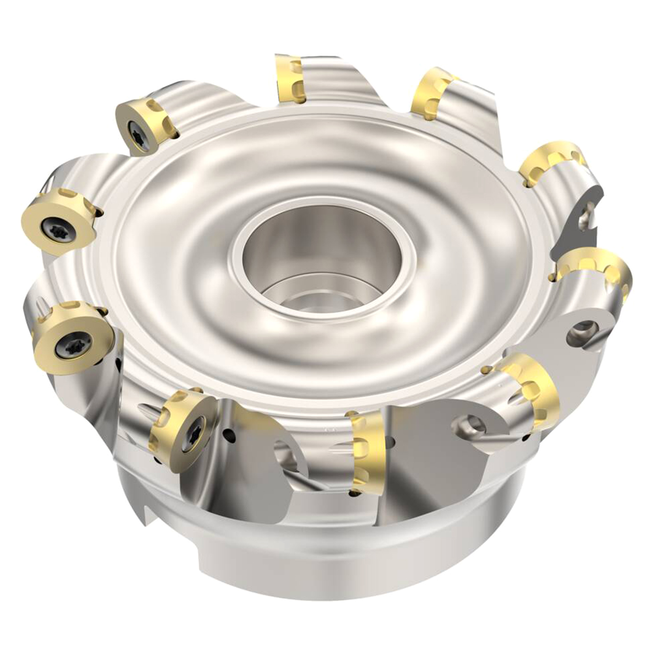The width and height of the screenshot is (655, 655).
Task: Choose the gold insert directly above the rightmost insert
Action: tap(550, 164)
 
